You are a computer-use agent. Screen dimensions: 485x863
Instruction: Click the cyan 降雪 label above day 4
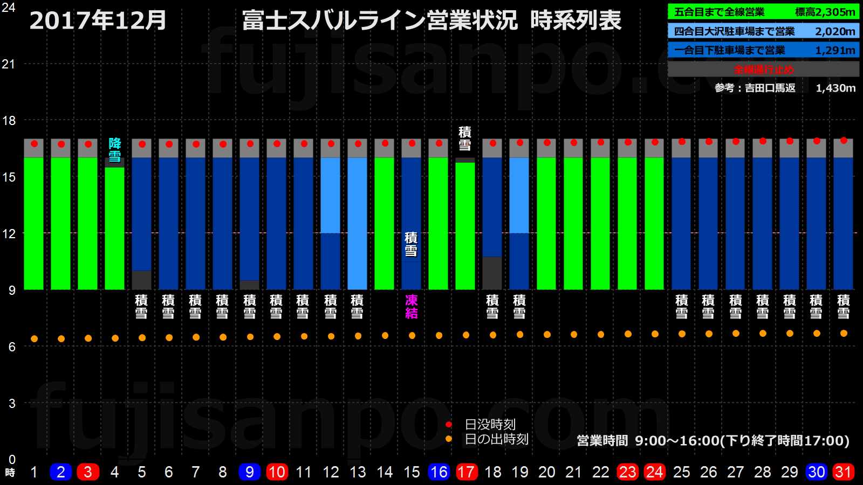115,150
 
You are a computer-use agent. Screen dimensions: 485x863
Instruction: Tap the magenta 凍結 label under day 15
412,307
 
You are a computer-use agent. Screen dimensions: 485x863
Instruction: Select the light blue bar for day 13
358,224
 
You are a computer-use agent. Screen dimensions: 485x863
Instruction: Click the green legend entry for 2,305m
763,12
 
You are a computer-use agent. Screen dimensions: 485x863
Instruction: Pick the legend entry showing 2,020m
763,31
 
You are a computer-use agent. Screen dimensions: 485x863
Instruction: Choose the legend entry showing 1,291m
763,50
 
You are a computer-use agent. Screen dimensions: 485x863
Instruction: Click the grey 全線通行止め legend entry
763,69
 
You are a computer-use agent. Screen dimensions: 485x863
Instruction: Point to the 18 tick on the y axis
9,120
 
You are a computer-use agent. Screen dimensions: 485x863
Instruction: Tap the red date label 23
627,472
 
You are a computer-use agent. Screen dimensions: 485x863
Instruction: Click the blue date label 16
439,472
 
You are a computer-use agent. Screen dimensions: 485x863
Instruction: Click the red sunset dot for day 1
34,144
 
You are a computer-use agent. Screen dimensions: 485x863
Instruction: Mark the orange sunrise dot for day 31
844,334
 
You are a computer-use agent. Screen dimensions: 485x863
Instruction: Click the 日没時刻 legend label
490,425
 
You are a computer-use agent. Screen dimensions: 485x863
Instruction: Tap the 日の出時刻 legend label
496,439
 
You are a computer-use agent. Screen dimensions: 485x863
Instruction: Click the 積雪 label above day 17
465,138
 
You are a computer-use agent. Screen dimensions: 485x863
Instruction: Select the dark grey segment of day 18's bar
492,273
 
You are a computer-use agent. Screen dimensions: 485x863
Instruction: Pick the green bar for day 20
546,224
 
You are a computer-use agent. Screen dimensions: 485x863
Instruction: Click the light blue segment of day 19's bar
519,195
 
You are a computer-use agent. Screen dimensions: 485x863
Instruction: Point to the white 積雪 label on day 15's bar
412,244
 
